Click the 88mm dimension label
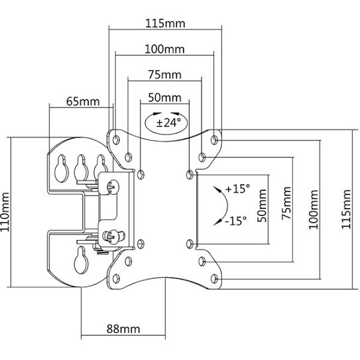tap(123, 329)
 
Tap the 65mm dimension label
tap(83, 101)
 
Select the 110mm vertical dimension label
tap(5, 212)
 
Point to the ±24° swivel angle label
tap(168, 123)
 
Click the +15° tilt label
tap(237, 189)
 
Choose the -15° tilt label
tap(236, 221)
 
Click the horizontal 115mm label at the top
tap(165, 24)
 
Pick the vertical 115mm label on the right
tap(346, 210)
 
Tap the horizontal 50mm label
tap(165, 97)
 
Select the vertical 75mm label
tap(286, 203)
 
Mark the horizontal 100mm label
tap(164, 49)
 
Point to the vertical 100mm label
tap(314, 210)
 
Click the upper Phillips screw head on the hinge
tap(113, 187)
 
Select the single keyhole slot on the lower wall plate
tap(81, 260)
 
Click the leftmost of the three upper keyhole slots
tap(61, 168)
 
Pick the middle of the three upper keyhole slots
tap(81, 168)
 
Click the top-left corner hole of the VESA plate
tap(117, 139)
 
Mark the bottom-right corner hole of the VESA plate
tap(214, 278)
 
